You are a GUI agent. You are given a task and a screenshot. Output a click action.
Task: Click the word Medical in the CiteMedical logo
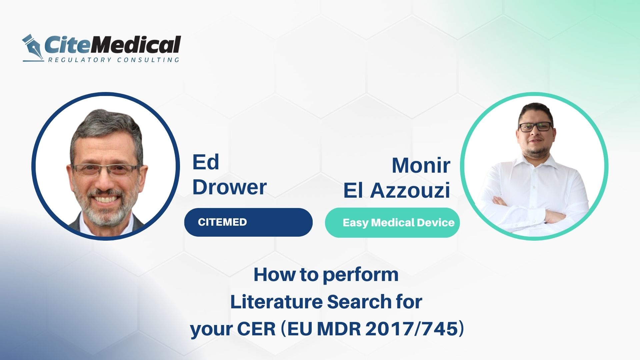136,45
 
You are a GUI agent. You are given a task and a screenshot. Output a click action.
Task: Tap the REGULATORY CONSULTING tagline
113,60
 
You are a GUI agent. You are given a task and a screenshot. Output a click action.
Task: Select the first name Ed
206,162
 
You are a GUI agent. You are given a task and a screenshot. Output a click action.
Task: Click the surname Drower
229,187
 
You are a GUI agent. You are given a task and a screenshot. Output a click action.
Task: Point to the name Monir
421,165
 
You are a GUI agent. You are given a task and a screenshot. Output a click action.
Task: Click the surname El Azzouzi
397,190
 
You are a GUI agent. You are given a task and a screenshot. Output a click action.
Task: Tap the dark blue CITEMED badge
248,222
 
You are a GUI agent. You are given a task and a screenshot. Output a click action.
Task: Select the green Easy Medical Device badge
392,223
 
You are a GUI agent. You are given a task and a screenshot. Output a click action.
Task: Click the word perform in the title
361,275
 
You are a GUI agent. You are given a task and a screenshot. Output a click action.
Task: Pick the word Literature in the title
276,302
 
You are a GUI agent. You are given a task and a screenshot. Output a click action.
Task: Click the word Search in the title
359,302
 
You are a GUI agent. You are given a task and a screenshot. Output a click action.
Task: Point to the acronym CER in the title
256,329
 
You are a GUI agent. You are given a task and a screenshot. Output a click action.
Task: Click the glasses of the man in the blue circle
106,169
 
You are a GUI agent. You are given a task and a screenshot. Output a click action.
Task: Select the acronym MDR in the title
339,329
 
